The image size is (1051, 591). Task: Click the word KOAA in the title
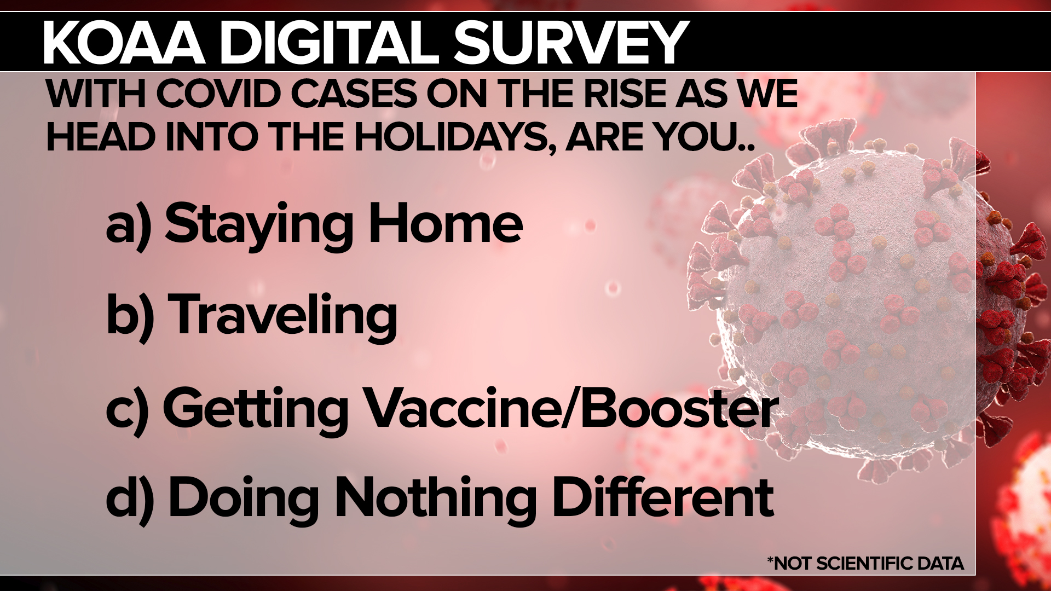pyautogui.click(x=124, y=43)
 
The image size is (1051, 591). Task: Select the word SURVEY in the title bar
pyautogui.click(x=570, y=43)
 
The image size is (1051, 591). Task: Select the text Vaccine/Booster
pyautogui.click(x=571, y=408)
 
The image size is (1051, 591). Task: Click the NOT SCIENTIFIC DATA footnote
pyautogui.click(x=865, y=563)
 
